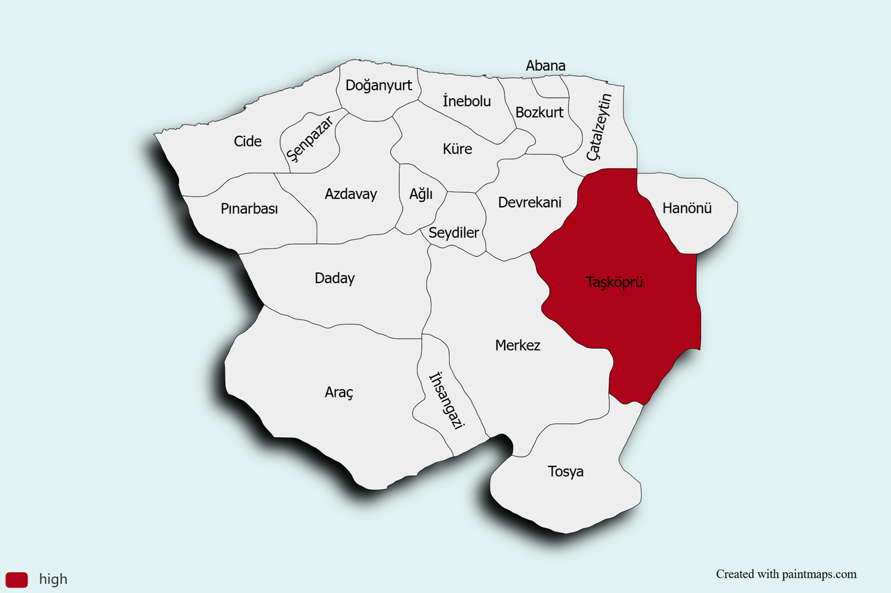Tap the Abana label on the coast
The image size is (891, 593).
[546, 66]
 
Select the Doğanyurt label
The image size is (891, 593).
[379, 86]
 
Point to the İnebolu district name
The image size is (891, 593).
[466, 101]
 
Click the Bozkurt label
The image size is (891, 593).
[539, 112]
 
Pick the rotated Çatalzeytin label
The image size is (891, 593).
[599, 127]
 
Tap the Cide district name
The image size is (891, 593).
[248, 141]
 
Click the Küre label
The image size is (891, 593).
[457, 149]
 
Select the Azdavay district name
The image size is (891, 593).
[351, 194]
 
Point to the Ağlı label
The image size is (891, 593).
[420, 194]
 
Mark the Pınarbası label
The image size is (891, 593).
[249, 209]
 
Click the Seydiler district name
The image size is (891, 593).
[454, 232]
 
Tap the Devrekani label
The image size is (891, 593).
[530, 203]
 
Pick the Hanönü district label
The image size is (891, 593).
[687, 207]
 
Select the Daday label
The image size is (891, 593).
[335, 278]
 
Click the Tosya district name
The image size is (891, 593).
[566, 472]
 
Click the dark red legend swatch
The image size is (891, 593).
[17, 579]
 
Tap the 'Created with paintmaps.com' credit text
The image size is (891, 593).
[787, 574]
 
